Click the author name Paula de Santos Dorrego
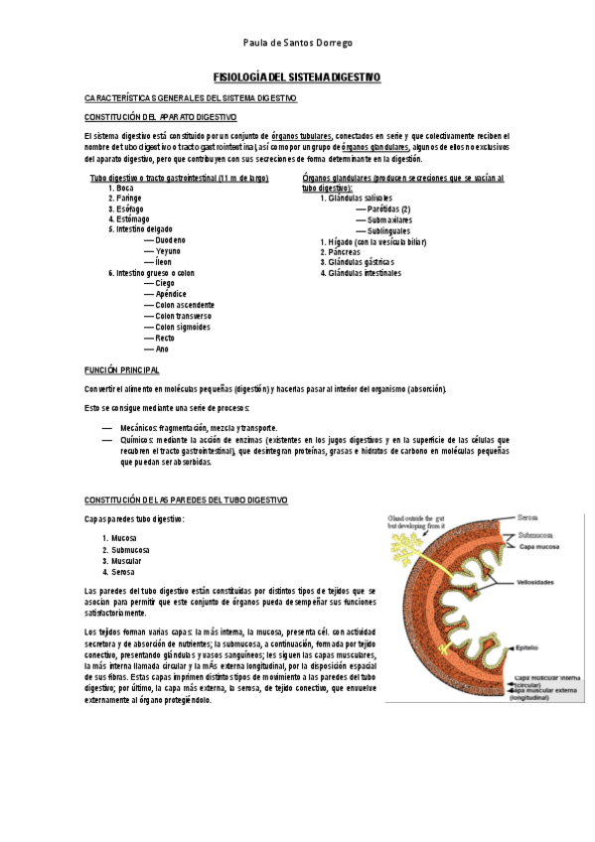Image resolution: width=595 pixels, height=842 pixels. point(297,44)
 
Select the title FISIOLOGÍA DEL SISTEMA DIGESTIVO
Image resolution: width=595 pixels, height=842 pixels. point(297,76)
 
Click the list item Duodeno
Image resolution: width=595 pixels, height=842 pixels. point(170,240)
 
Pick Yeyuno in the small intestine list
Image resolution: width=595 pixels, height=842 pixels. point(169,251)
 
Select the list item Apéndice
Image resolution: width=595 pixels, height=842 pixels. point(171,294)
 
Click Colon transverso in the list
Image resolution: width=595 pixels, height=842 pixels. point(183,316)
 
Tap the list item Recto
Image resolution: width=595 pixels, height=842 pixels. point(165,338)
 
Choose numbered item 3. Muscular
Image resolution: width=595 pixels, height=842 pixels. point(126,560)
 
